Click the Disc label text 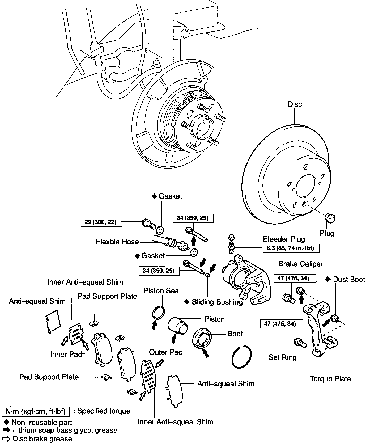click(x=295, y=104)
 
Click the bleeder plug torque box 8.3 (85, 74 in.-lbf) click(x=291, y=248)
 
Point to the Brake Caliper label click(x=300, y=264)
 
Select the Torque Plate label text click(x=330, y=379)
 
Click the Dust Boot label click(x=349, y=279)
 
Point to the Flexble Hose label click(x=117, y=242)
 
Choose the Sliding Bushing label click(x=217, y=302)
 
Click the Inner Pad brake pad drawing click(x=102, y=348)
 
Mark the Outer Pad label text click(x=166, y=352)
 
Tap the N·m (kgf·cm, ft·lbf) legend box click(x=36, y=411)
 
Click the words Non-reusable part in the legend click(x=42, y=422)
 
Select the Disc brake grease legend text click(x=42, y=439)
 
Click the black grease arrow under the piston click(x=174, y=339)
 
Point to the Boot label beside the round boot click(x=235, y=334)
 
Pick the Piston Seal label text click(x=162, y=290)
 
